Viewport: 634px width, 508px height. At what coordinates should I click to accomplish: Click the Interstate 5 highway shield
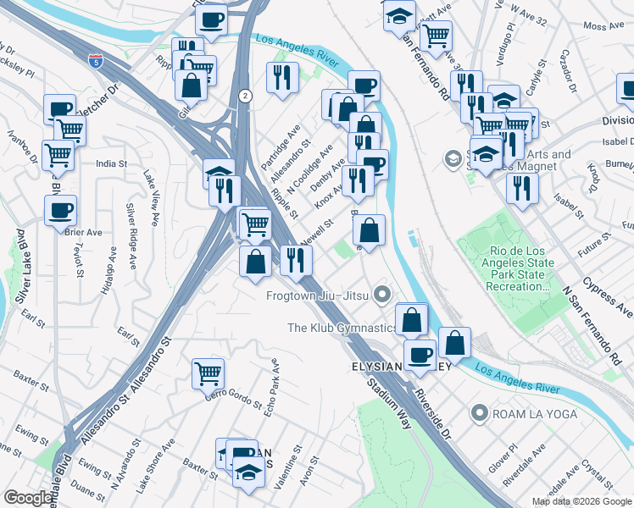pyautogui.click(x=93, y=61)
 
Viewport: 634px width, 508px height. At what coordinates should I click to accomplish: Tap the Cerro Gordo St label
pyautogui.click(x=229, y=396)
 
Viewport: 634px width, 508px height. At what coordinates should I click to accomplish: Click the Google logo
pyautogui.click(x=28, y=498)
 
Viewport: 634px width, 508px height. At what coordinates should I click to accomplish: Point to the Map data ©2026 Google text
pyautogui.click(x=581, y=501)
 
